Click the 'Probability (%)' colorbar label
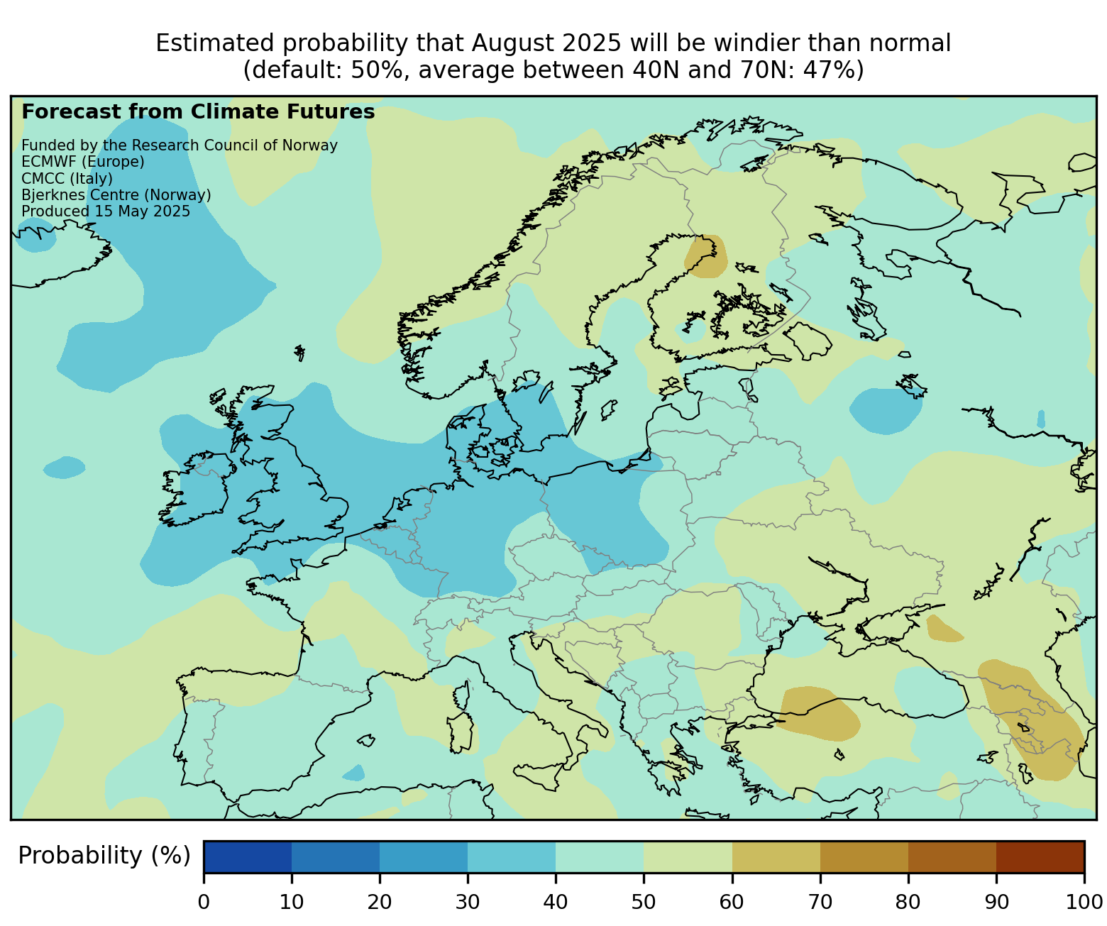(x=104, y=856)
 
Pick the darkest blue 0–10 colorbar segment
(x=248, y=856)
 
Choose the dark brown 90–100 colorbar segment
(x=1040, y=856)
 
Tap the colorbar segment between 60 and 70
(x=776, y=856)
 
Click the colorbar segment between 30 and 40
(x=512, y=856)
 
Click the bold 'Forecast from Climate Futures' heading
(x=198, y=112)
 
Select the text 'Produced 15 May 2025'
(x=106, y=211)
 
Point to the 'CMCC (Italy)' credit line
(x=67, y=178)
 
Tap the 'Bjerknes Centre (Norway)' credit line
(x=116, y=195)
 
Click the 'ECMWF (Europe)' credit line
(x=83, y=162)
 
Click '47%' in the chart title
(x=832, y=70)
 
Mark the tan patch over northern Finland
(x=705, y=256)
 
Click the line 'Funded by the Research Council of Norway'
(x=180, y=145)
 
